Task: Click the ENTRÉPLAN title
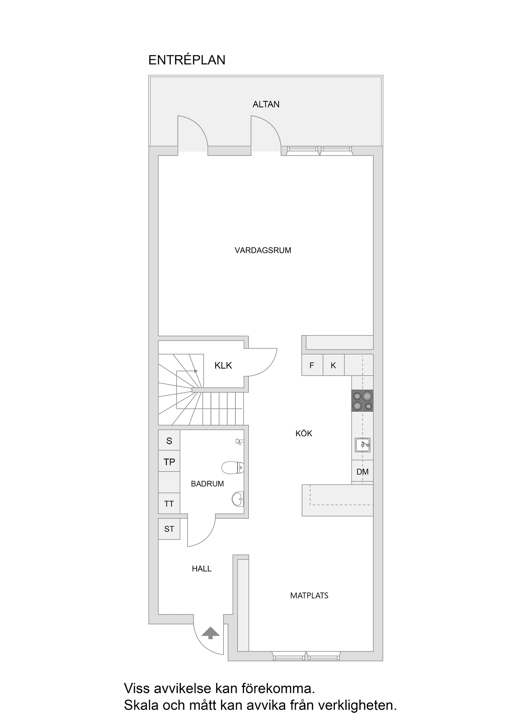coord(187,60)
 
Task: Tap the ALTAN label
coord(266,104)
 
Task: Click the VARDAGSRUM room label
coord(263,250)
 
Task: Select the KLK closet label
coord(223,365)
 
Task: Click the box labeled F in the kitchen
coord(312,365)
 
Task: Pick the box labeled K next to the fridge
coord(333,365)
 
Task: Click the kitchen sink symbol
coord(362,445)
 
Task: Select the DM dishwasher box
coord(362,472)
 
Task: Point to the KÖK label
coord(304,434)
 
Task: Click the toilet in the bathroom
coord(233,468)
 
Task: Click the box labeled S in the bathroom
coord(169,441)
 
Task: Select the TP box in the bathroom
coord(169,462)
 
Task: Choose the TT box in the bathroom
coord(169,504)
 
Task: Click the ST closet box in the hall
coord(169,529)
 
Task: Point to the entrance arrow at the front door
coord(210,633)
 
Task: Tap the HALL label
coord(202,569)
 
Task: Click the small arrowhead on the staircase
coord(196,371)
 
